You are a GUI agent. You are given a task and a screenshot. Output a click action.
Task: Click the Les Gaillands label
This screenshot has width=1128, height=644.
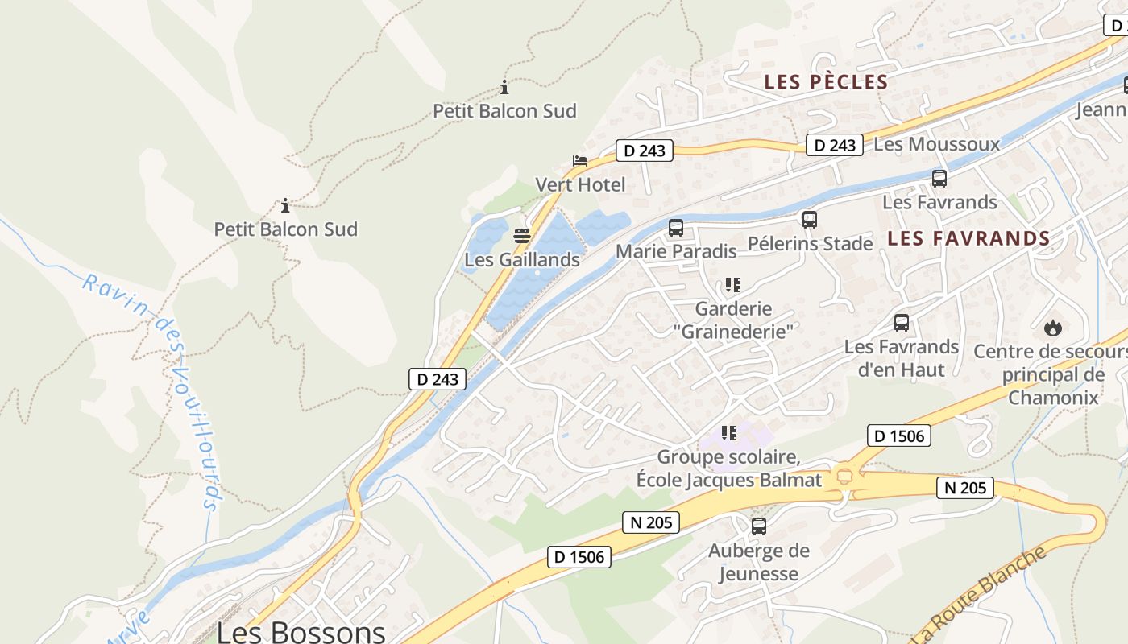pos(521,260)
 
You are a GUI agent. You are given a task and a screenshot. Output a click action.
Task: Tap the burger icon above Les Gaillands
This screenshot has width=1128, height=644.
pos(521,236)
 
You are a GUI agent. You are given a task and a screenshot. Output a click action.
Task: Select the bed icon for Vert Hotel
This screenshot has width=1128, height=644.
pos(579,161)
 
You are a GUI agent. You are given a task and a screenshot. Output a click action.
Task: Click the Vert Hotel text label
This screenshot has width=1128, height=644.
pos(580,185)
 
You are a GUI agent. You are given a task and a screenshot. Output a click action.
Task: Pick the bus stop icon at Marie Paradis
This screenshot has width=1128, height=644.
pos(675,228)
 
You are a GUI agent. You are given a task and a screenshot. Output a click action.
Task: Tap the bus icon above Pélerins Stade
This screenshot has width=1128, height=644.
pos(809,219)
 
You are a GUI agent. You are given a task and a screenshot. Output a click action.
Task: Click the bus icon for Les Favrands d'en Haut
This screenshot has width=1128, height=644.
pos(901,323)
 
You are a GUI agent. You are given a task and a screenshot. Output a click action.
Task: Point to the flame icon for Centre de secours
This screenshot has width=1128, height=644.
pos(1052,328)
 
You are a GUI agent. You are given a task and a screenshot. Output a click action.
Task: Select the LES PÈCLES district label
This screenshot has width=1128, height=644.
pos(826,82)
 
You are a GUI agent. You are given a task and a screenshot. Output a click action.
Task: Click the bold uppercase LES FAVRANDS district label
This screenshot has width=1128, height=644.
pos(968,238)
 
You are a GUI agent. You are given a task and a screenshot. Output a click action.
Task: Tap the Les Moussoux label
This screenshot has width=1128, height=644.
pos(936,145)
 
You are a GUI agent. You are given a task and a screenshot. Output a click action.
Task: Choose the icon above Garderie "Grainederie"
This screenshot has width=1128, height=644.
pos(732,284)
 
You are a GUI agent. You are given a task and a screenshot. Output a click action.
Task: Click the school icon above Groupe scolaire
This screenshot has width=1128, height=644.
pos(729,433)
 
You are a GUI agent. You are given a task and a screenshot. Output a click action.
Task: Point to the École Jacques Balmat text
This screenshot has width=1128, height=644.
pos(728,481)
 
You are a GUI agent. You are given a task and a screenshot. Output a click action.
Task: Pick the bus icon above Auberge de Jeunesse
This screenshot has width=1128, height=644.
pos(758,526)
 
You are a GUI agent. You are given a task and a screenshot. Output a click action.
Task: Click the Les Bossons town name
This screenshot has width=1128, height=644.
pos(301,631)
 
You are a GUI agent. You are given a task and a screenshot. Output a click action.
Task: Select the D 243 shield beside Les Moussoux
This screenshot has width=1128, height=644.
pos(834,145)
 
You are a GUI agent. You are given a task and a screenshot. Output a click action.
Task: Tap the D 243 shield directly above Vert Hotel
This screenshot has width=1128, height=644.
pos(644,151)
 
